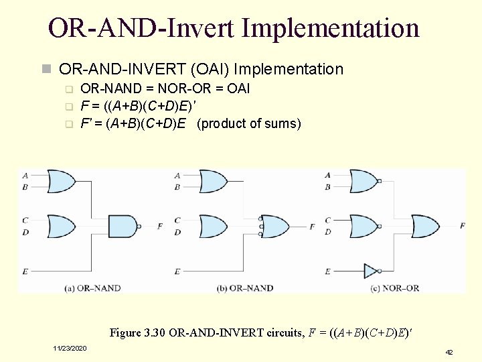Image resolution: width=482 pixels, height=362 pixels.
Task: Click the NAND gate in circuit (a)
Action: pos(123,227)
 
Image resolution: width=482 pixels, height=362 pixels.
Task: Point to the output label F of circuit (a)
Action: pos(159,227)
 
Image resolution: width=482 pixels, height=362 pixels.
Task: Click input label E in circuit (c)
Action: pos(327,271)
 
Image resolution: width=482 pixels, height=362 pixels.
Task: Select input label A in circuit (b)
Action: pos(177,176)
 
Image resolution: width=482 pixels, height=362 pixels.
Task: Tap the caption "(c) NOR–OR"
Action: pos(395,288)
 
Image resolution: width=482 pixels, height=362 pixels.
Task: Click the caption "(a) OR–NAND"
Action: pos(93,288)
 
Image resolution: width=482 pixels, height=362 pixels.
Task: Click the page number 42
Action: pos(449,351)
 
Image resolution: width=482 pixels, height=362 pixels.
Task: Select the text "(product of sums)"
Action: pos(249,124)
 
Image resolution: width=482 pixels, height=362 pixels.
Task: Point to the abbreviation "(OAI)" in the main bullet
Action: pos(210,69)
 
